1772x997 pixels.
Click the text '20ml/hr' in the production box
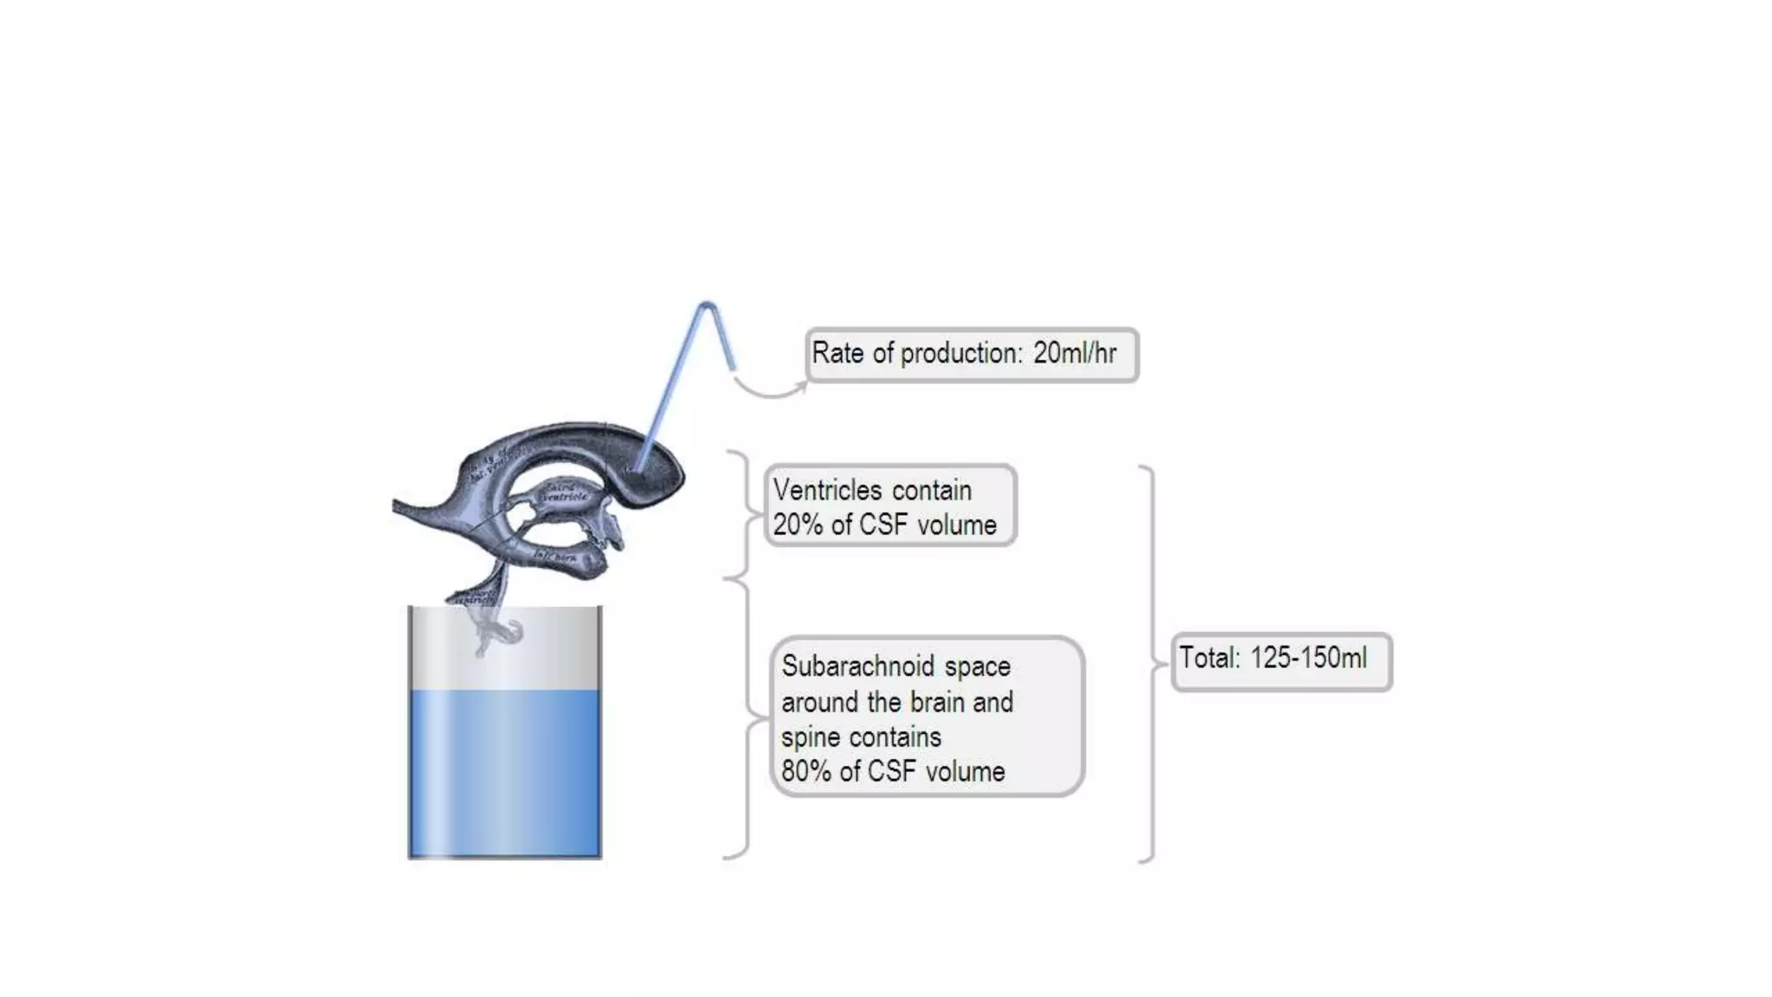[x=1075, y=353]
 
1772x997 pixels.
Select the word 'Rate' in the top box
[x=837, y=353]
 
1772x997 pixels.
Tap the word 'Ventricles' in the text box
[x=828, y=490]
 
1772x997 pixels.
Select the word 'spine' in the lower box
[x=807, y=737]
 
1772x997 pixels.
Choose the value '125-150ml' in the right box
[x=1308, y=658]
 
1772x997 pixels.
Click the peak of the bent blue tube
[x=707, y=306]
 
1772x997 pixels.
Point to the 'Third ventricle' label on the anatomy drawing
[x=564, y=492]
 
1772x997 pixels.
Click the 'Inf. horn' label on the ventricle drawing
[x=555, y=556]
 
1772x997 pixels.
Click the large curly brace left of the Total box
[x=1152, y=665]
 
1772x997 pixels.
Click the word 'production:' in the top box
[x=961, y=353]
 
